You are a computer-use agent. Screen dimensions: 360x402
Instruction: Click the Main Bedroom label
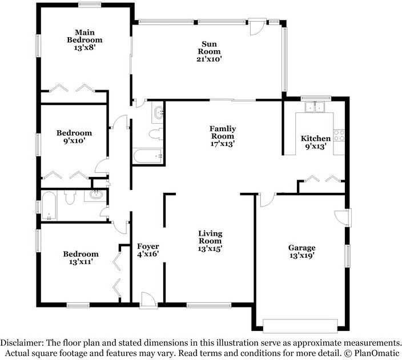84,36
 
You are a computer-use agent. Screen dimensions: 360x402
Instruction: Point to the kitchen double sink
313,107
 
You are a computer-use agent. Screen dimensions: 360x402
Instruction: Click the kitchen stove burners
339,136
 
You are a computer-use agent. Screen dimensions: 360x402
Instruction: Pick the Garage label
301,248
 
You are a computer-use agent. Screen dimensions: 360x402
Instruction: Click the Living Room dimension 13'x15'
210,249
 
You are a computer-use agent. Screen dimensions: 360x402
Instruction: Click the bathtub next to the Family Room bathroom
148,155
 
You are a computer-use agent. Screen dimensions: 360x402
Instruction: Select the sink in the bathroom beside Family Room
158,112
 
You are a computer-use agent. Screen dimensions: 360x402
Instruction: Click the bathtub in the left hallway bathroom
49,207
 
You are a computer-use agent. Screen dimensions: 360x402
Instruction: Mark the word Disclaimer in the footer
21,343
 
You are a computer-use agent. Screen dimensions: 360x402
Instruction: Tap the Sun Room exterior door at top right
256,26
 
